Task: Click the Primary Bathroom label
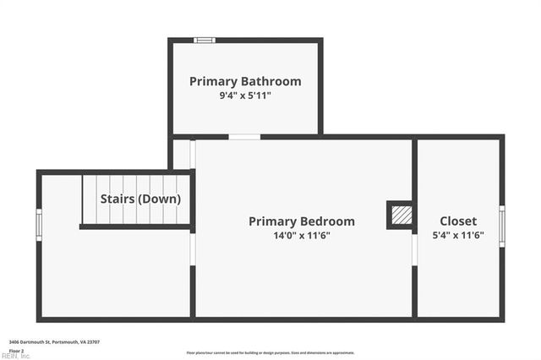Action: [x=245, y=82]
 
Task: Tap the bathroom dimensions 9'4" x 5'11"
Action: [x=245, y=95]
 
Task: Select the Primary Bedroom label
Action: [x=302, y=221]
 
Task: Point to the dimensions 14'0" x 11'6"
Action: [x=302, y=235]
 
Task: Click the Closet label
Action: [x=458, y=221]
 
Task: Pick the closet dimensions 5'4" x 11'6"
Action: [x=458, y=235]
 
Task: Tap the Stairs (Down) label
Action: [x=140, y=199]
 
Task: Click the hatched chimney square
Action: [x=402, y=215]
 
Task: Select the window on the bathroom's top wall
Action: [x=205, y=40]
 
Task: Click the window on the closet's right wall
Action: [x=501, y=226]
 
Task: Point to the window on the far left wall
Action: [x=39, y=224]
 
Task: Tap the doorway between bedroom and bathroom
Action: [x=244, y=137]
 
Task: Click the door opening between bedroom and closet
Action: [x=414, y=250]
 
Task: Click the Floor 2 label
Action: [x=16, y=349]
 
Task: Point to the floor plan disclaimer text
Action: [x=270, y=352]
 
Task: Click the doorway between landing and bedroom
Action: [x=193, y=249]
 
